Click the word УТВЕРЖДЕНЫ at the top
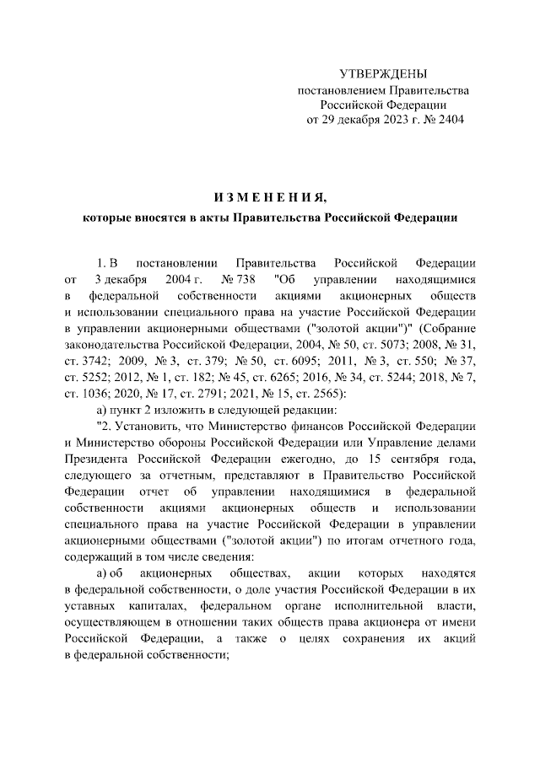tap(383, 74)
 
